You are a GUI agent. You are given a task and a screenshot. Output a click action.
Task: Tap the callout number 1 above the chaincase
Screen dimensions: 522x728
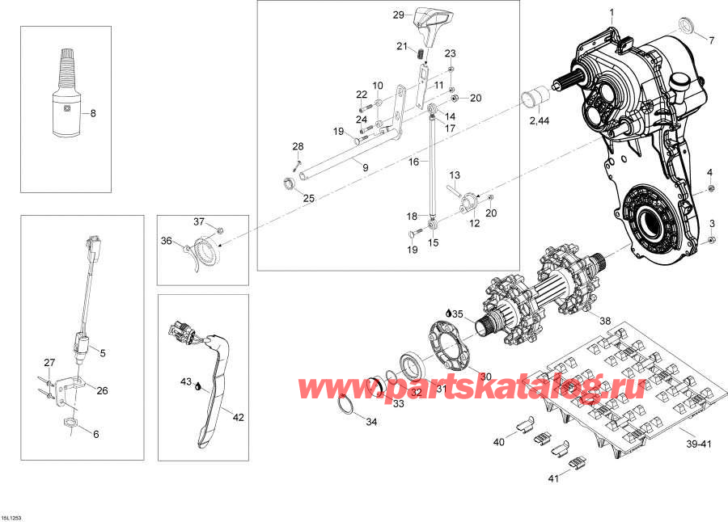[611, 12]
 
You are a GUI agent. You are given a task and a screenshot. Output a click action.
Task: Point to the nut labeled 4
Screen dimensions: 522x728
[709, 189]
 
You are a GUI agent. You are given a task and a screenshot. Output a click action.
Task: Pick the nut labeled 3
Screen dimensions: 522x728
[710, 239]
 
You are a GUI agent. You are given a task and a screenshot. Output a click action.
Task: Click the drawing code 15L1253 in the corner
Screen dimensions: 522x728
[13, 516]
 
